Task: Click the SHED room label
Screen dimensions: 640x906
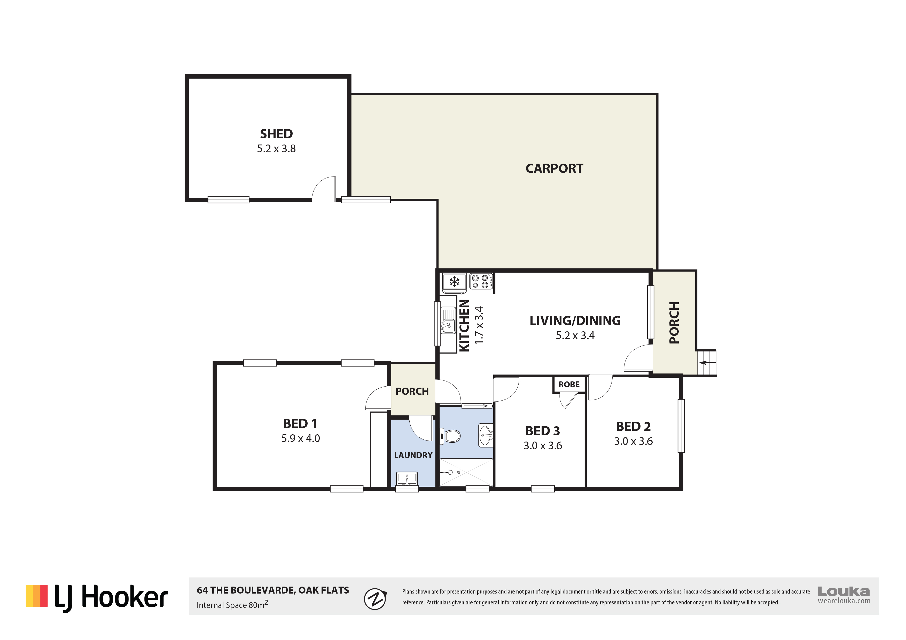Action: coord(276,134)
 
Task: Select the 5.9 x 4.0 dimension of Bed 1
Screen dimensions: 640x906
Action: coord(300,438)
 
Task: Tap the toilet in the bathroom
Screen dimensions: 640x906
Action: coord(451,436)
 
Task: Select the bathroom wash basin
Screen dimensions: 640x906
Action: coord(485,435)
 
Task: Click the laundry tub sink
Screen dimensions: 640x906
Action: coord(407,479)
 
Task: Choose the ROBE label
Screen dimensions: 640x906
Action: coord(569,385)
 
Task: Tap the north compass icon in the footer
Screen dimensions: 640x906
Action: coord(374,599)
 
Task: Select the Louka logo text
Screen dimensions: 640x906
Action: coord(844,591)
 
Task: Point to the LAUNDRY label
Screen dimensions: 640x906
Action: coord(413,455)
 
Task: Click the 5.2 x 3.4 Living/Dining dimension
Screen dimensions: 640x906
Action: coord(575,335)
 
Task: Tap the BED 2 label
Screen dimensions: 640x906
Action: coord(633,427)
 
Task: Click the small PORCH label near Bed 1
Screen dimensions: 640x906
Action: coord(412,391)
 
